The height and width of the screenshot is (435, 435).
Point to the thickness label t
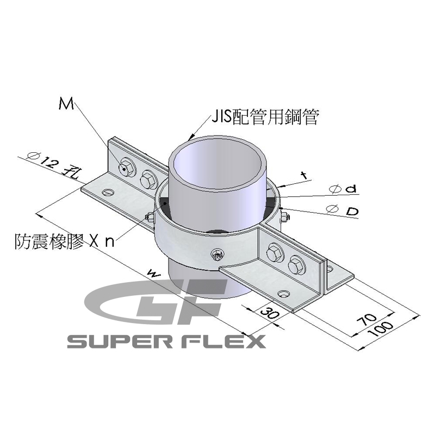coord(304,176)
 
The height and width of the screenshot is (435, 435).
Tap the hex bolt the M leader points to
coord(126,168)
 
